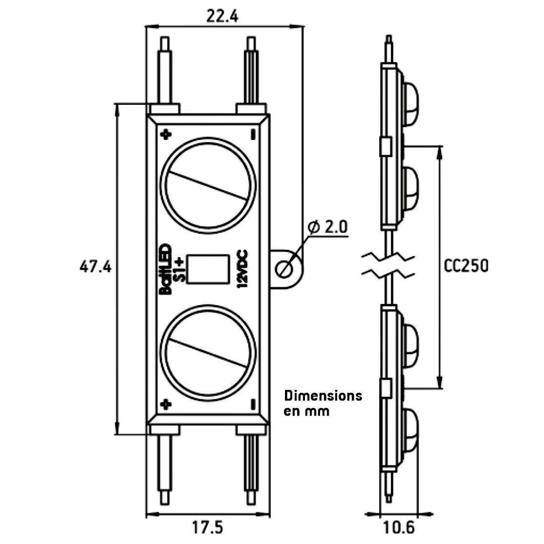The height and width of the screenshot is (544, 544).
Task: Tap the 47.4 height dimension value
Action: pos(96,267)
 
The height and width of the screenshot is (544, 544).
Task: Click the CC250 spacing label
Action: pos(466,265)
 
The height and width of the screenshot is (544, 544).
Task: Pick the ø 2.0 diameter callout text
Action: pos(328,227)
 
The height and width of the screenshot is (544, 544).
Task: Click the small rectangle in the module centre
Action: pos(208,268)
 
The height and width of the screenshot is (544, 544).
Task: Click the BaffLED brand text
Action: pos(165,268)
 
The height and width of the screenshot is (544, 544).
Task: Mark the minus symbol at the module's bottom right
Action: pos(253,404)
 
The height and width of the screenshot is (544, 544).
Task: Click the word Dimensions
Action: pos(323,395)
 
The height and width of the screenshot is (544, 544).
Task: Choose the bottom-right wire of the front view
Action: pos(251,468)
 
